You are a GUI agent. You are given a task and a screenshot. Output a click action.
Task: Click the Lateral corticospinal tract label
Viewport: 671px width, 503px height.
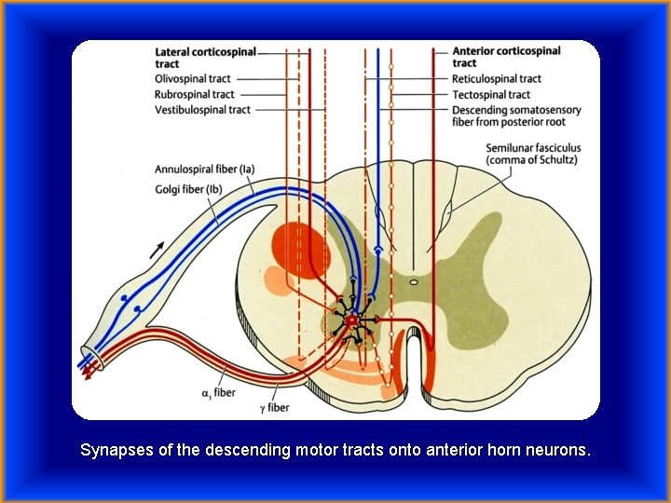tap(204, 58)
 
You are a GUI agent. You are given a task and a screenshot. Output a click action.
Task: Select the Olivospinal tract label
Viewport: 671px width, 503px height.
tap(193, 79)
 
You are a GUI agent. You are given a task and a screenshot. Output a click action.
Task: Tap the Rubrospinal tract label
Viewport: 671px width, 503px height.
tap(195, 94)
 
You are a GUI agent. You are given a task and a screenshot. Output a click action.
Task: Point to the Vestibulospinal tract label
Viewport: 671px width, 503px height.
tap(202, 110)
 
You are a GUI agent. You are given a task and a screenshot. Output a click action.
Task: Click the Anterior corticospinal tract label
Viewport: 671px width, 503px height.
tap(506, 58)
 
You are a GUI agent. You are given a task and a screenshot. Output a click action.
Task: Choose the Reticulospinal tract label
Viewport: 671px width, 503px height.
tap(497, 79)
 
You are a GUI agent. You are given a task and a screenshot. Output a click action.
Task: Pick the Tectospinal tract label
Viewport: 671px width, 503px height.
tap(491, 94)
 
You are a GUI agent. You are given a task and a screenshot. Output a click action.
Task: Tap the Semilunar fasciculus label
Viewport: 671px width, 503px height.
tap(532, 154)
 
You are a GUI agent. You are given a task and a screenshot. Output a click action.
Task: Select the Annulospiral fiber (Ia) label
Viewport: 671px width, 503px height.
tap(204, 170)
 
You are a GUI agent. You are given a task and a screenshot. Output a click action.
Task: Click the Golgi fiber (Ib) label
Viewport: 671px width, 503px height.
tap(189, 189)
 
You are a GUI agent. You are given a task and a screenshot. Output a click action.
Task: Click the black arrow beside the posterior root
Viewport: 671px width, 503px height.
tap(156, 249)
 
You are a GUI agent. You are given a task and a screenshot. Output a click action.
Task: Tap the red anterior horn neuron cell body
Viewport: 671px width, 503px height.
tap(351, 320)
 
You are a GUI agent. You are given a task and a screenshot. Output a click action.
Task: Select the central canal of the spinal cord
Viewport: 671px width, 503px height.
tap(413, 279)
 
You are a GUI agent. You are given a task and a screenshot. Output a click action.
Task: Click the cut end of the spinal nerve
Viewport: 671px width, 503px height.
tap(89, 359)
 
